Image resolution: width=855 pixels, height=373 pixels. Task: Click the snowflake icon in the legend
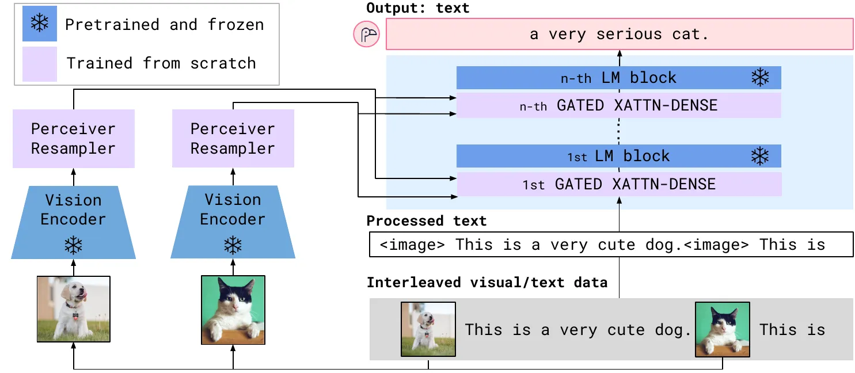40,23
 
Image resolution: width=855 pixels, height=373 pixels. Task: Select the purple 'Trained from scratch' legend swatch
40,64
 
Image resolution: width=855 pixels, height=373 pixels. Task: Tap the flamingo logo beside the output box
366,35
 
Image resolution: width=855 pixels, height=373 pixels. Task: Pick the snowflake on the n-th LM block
760,78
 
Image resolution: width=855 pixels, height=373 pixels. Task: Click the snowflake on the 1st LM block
760,156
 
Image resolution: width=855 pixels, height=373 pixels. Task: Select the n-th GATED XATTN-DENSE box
619,105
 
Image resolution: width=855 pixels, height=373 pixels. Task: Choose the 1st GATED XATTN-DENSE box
619,184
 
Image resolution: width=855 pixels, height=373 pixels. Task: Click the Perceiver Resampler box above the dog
74,139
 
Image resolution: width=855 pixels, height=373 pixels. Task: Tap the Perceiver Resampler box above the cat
233,139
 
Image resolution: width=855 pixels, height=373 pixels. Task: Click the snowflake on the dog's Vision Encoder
73,245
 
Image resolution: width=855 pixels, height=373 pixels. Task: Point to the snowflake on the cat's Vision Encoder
233,245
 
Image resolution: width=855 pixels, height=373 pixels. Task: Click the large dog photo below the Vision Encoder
74,309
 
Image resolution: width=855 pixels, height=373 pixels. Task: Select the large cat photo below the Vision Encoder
233,310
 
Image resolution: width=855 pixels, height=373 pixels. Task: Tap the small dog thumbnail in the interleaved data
428,329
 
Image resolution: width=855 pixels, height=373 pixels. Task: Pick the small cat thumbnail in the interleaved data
723,329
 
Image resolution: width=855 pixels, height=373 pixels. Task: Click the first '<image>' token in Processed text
412,245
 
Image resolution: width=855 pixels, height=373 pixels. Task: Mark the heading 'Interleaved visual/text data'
487,283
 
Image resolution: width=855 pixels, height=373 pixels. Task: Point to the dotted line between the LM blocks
619,131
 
